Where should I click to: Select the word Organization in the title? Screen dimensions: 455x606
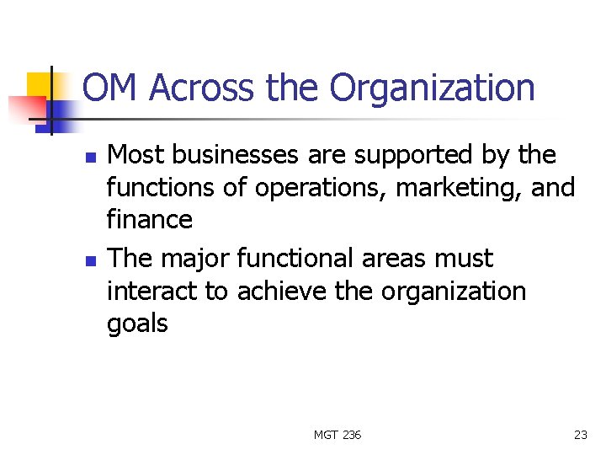[432, 88]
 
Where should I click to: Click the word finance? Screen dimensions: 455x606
[150, 220]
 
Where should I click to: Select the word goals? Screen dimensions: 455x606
[137, 324]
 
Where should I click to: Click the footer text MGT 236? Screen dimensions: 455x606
[337, 435]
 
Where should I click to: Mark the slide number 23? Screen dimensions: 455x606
[580, 435]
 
